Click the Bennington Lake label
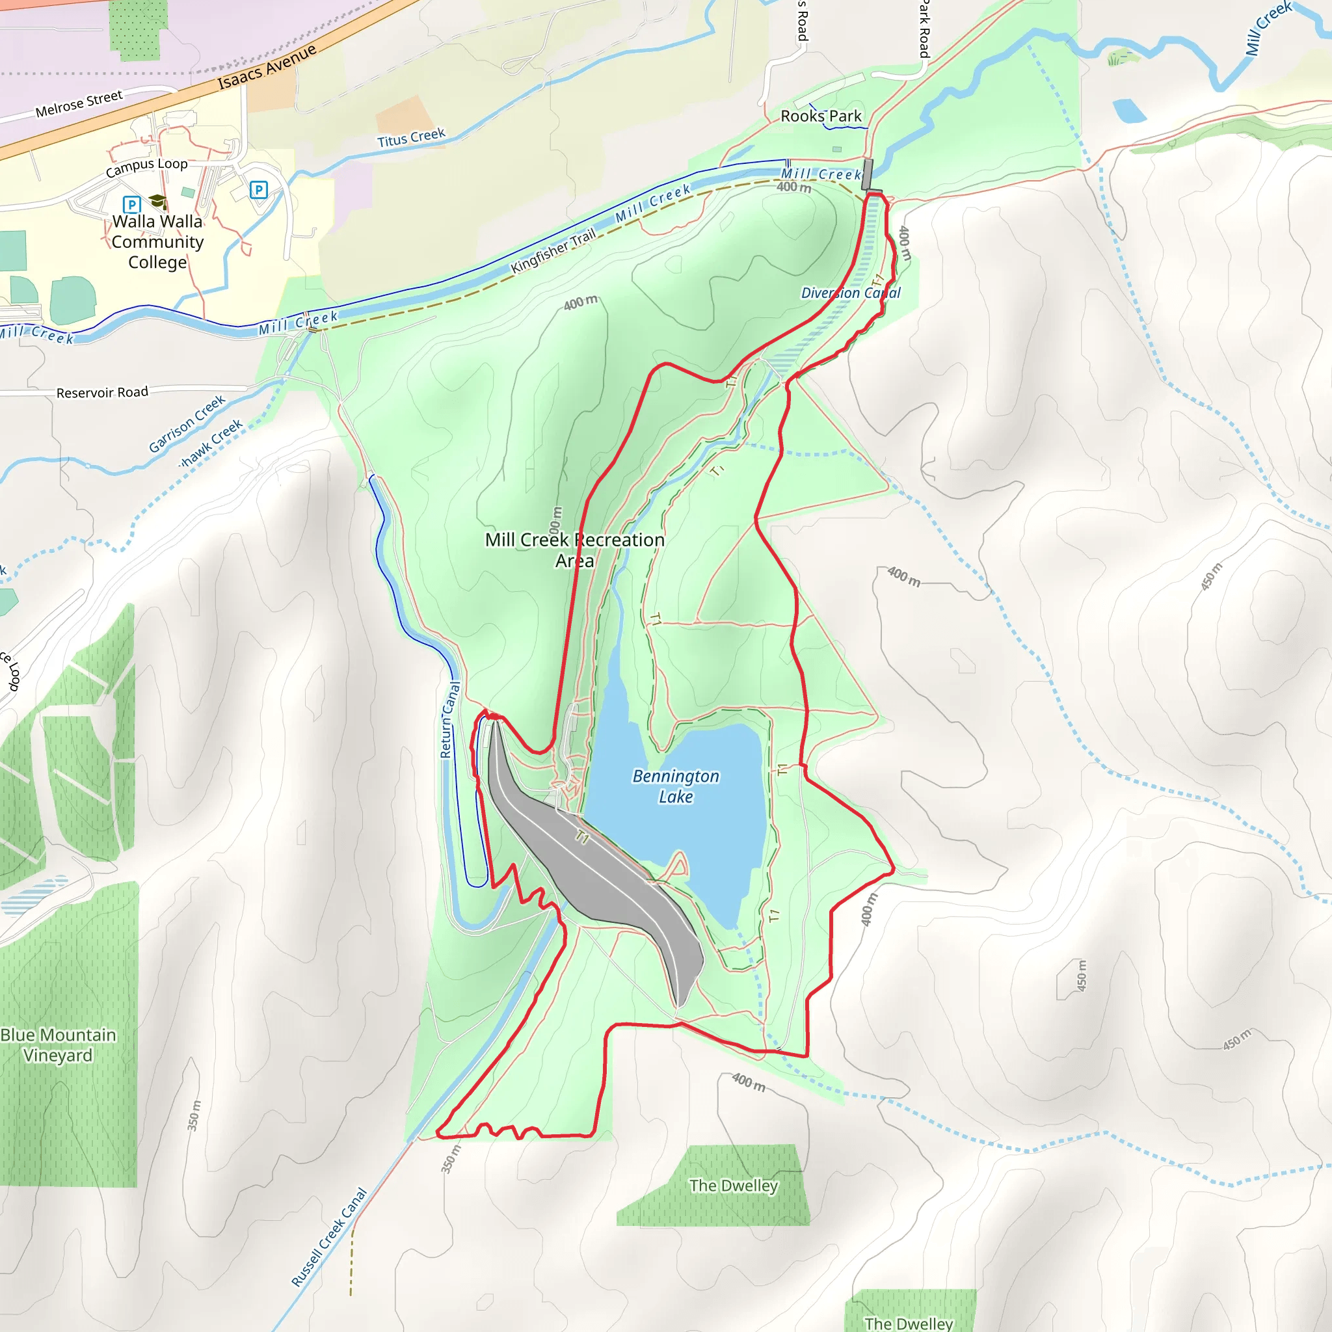(x=675, y=786)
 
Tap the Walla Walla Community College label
(x=157, y=242)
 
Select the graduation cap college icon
(x=158, y=202)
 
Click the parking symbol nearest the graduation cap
(x=131, y=205)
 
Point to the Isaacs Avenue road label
(x=267, y=67)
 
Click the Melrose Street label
(x=79, y=103)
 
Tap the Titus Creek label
(x=411, y=138)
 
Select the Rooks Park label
(x=820, y=116)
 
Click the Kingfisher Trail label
(x=553, y=251)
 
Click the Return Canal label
(x=449, y=720)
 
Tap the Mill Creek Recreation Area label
(x=574, y=550)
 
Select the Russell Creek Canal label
(x=329, y=1237)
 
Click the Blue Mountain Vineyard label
(x=58, y=1045)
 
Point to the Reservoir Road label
(x=102, y=392)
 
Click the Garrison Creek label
(x=187, y=423)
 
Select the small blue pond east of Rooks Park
(x=1128, y=111)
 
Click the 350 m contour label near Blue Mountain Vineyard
(x=194, y=1115)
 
